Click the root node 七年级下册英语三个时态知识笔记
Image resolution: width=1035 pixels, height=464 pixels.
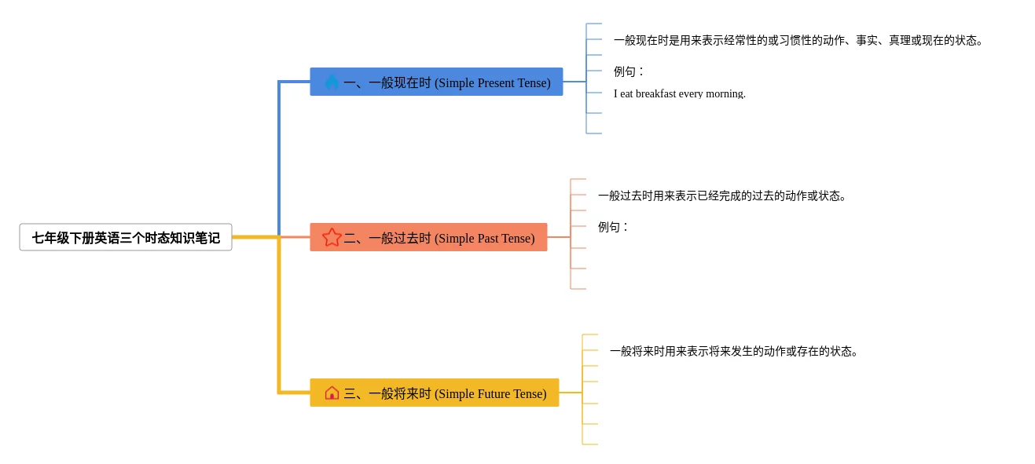tap(126, 237)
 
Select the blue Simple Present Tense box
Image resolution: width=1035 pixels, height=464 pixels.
tap(436, 82)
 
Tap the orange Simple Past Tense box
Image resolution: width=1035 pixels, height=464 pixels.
tap(428, 237)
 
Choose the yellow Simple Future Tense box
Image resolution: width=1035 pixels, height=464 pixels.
tap(434, 393)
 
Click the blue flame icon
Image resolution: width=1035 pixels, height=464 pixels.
tap(332, 82)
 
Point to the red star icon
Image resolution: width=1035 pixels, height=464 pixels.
tap(332, 237)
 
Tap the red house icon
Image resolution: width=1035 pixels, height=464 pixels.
tap(332, 393)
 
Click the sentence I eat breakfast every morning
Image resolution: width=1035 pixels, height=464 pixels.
tap(679, 93)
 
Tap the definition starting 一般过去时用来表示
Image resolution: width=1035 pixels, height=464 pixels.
tap(722, 195)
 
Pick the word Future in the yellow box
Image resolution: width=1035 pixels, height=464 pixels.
tap(494, 393)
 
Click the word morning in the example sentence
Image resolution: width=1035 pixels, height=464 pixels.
tap(725, 93)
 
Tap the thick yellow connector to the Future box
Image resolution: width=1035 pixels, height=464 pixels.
tap(279, 330)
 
